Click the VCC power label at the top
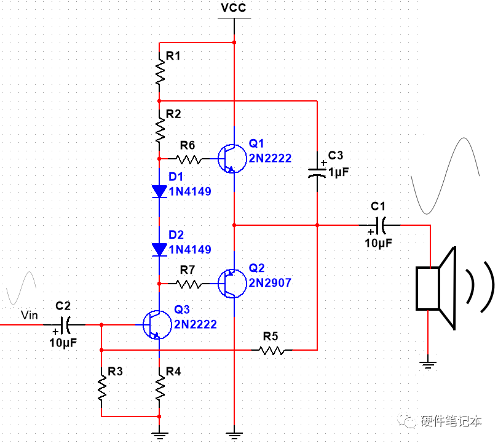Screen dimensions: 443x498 click(x=234, y=8)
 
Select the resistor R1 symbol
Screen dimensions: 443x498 click(x=160, y=73)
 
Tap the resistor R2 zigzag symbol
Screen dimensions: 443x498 click(x=160, y=130)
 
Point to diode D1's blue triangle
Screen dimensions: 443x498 click(x=160, y=191)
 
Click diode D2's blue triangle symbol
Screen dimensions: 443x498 click(x=160, y=249)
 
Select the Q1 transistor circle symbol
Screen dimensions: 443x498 click(x=230, y=158)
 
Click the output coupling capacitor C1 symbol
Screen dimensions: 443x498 click(x=381, y=226)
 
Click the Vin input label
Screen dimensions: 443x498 click(x=30, y=316)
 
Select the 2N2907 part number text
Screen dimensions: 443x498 click(x=270, y=283)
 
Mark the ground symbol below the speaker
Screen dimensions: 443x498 click(x=427, y=365)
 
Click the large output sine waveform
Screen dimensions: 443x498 click(x=444, y=176)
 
